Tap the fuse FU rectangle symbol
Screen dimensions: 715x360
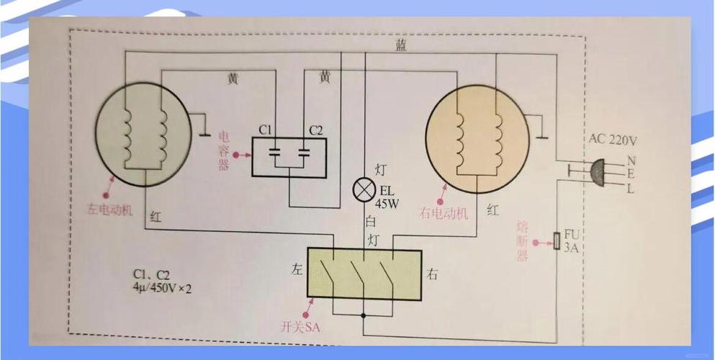(x=557, y=241)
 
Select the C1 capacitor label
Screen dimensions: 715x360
(x=265, y=130)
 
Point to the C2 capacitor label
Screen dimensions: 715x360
(x=315, y=130)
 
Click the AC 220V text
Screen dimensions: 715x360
(x=613, y=140)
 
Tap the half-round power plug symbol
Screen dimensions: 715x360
(x=597, y=173)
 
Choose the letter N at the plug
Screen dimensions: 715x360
(x=631, y=161)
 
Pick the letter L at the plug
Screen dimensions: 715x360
(x=630, y=189)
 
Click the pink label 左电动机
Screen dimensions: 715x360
(x=109, y=210)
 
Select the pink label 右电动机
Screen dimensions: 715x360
(x=444, y=213)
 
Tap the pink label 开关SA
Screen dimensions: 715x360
(x=300, y=327)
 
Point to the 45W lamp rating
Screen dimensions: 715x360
(x=387, y=204)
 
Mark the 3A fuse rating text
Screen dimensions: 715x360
(x=571, y=248)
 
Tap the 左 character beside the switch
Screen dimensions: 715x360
(x=297, y=270)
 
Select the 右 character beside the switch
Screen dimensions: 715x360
(x=432, y=274)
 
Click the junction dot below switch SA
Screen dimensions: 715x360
(x=364, y=315)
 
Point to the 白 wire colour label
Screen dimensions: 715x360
(x=370, y=222)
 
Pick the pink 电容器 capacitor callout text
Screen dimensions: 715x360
(x=224, y=150)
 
